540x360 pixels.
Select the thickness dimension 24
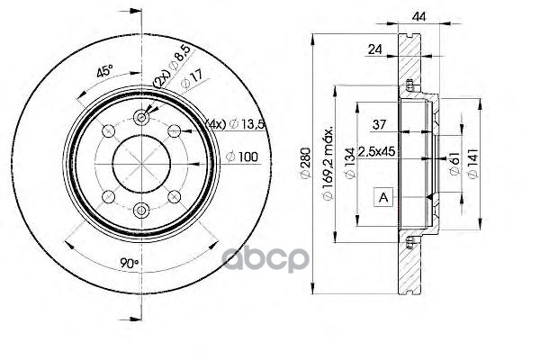click(x=376, y=50)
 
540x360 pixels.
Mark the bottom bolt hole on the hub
click(x=141, y=210)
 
